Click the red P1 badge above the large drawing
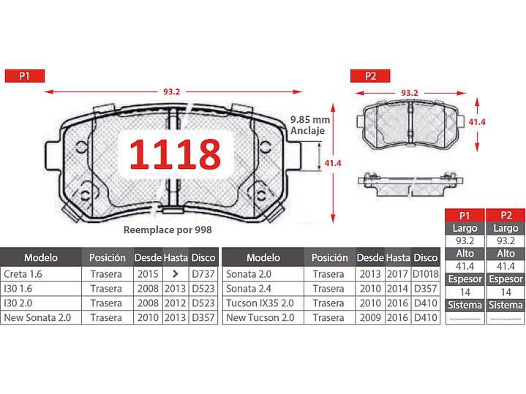click(x=24, y=76)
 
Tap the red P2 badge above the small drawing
click(x=370, y=76)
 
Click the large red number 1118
click(x=175, y=154)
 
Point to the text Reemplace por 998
click(x=168, y=230)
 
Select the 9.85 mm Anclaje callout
click(x=310, y=125)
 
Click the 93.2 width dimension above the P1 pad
click(x=171, y=91)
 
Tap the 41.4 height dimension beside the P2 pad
click(x=477, y=122)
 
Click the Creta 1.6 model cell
click(x=41, y=274)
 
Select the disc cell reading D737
click(x=203, y=274)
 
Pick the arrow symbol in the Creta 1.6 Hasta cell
click(x=176, y=274)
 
